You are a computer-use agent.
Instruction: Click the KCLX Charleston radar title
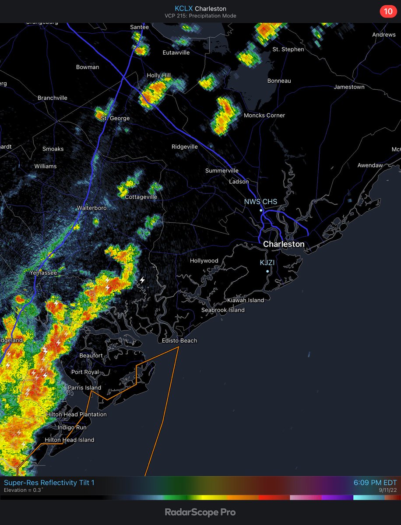(x=200, y=8)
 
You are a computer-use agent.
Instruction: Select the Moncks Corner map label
(x=264, y=115)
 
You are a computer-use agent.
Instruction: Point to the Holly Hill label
(x=159, y=76)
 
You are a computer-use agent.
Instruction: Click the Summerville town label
(x=222, y=171)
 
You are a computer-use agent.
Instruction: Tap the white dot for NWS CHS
(x=261, y=210)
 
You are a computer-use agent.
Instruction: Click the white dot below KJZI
(x=267, y=271)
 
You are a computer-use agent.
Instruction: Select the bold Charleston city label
(x=284, y=244)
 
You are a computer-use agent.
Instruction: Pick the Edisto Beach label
(x=179, y=341)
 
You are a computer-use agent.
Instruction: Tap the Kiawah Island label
(x=245, y=300)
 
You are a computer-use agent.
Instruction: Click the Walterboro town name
(x=92, y=208)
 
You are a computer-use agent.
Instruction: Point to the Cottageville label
(x=141, y=197)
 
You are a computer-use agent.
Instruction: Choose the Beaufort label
(x=91, y=356)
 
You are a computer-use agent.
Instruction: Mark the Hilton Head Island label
(x=69, y=440)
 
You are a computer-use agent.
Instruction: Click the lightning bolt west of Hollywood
(x=142, y=280)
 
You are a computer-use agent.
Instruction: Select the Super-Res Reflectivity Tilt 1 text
(x=49, y=483)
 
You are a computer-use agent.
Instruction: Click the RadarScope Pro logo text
(x=200, y=512)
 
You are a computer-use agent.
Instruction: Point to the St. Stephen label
(x=288, y=49)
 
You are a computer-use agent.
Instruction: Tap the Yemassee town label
(x=43, y=273)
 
